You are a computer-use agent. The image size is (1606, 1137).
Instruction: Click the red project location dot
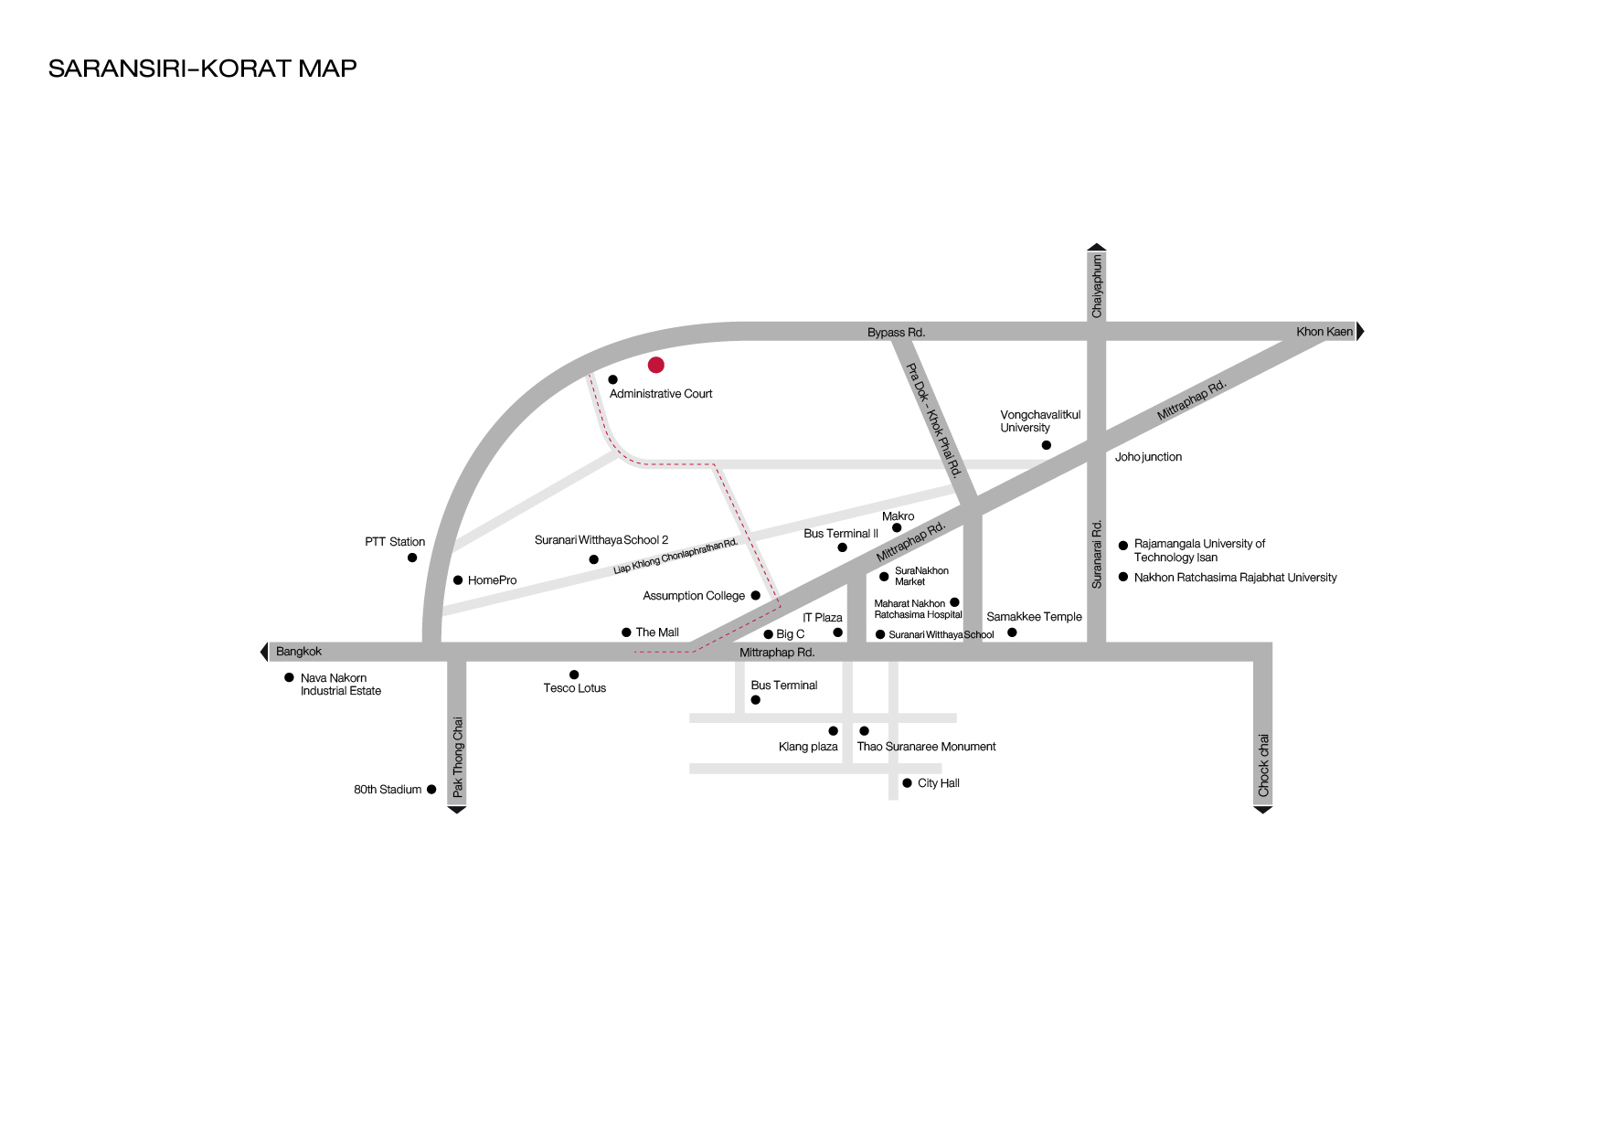tap(655, 365)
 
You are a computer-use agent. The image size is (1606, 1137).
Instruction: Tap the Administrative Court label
tap(661, 394)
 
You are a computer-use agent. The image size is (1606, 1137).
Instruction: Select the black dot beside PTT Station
tap(412, 558)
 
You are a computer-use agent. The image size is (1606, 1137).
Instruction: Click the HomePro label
tap(492, 580)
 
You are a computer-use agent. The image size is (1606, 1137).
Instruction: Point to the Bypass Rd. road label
tap(896, 333)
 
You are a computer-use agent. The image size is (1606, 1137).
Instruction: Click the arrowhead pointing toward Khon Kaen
tap(1360, 331)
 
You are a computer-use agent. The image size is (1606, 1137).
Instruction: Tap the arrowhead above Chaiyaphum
tap(1097, 247)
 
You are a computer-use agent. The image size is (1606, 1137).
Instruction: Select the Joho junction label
tap(1148, 457)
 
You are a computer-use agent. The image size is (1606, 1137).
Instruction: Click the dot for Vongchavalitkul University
tap(1047, 445)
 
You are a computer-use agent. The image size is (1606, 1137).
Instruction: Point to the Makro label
tap(898, 516)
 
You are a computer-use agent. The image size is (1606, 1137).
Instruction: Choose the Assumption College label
tap(694, 596)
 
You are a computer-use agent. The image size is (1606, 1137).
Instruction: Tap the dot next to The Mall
tap(626, 632)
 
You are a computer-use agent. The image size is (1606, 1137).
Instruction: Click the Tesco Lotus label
tap(575, 688)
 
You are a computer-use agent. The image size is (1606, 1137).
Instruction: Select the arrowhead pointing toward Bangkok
tap(264, 652)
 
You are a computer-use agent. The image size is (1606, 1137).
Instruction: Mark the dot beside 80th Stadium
tap(431, 790)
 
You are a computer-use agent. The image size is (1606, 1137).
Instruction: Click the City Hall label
tap(939, 783)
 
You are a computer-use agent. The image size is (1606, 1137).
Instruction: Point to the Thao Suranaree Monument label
tap(926, 747)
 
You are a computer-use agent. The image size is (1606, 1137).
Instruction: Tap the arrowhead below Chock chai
tap(1263, 810)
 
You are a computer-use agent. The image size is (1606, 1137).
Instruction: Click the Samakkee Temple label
tap(1034, 617)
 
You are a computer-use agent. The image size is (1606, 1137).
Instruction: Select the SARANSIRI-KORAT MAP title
tap(202, 69)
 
